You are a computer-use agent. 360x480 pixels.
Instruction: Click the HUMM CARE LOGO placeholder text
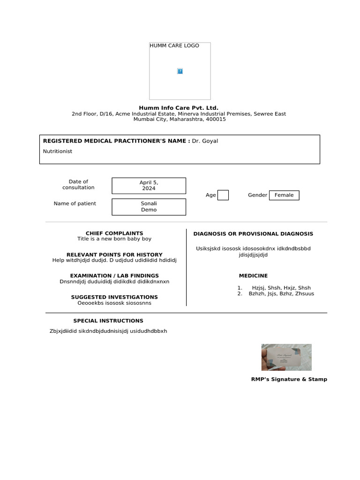[x=174, y=46]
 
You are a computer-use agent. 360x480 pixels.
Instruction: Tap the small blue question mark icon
[x=180, y=71]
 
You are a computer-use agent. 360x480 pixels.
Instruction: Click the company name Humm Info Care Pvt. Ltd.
[x=179, y=108]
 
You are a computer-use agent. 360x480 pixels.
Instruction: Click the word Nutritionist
[x=58, y=151]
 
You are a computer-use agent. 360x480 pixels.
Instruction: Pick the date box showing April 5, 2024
[x=149, y=186]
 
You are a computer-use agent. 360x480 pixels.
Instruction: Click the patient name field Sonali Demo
[x=149, y=207]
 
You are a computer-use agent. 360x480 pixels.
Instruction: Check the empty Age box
[x=223, y=195]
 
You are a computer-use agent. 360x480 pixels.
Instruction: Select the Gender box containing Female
[x=284, y=195]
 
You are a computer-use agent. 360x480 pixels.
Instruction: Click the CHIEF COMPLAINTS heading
[x=114, y=233]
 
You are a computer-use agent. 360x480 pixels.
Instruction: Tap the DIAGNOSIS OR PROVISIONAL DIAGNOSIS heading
[x=253, y=234]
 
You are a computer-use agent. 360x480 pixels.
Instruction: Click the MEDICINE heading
[x=253, y=276]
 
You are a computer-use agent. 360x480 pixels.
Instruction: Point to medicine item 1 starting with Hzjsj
[x=281, y=288]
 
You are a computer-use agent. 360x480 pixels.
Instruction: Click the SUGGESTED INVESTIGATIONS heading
[x=114, y=297]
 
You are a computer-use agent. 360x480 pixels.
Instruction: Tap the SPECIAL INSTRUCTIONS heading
[x=108, y=321]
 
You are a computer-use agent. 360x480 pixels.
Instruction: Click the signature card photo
[x=286, y=357]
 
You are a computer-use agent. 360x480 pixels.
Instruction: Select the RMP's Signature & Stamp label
[x=289, y=379]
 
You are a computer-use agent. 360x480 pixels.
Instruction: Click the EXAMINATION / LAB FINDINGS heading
[x=114, y=276]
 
